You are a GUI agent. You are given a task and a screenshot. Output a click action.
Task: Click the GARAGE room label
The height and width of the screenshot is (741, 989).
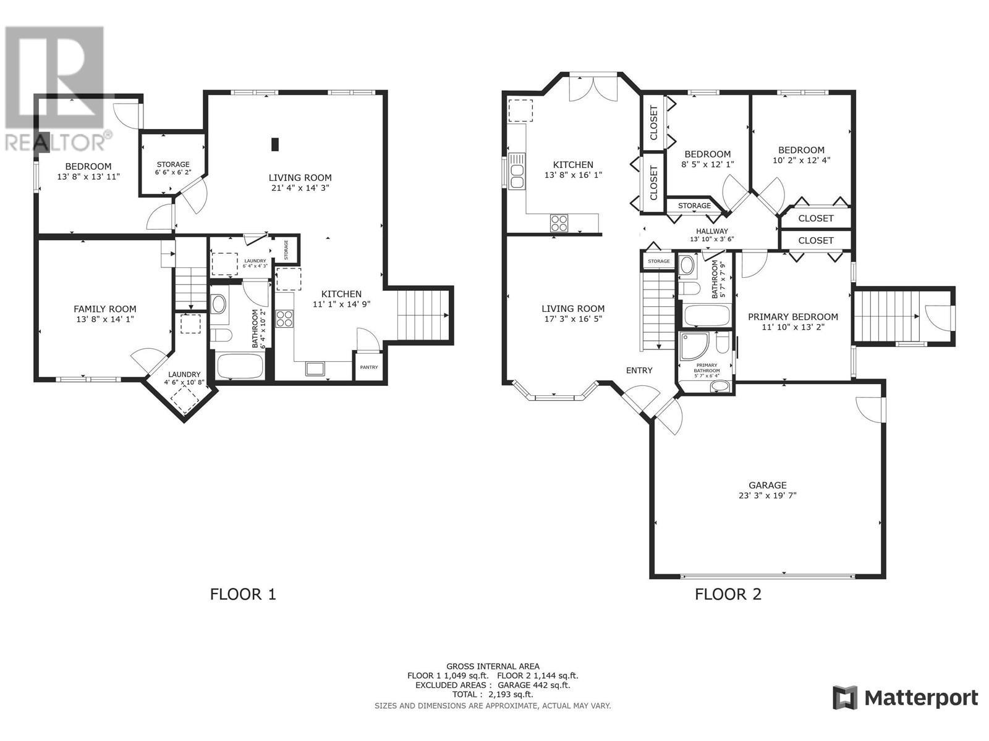(768, 485)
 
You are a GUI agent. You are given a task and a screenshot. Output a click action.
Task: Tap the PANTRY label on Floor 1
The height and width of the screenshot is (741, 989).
(369, 367)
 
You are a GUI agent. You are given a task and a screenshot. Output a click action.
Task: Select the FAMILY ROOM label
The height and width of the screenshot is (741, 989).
(105, 309)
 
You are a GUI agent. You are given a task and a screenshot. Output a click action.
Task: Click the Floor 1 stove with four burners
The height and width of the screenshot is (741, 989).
(285, 319)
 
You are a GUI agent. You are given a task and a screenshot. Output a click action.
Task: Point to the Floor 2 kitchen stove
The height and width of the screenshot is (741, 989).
(559, 222)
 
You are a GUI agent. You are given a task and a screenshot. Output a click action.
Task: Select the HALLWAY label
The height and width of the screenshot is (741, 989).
(711, 231)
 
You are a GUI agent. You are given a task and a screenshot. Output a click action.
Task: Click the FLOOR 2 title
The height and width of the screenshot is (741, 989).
(728, 594)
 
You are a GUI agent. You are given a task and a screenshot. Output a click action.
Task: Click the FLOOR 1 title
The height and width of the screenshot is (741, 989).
(243, 594)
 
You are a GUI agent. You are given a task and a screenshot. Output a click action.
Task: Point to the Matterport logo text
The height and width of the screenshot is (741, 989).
(921, 698)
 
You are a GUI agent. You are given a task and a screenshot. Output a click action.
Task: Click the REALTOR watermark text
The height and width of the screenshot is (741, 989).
(56, 142)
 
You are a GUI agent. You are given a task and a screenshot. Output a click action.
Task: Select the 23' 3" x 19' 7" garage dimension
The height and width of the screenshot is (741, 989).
(768, 495)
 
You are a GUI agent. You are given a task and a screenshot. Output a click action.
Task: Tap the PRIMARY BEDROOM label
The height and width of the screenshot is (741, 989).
(792, 317)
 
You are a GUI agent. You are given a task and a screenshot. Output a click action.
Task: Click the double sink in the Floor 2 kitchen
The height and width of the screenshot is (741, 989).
(517, 170)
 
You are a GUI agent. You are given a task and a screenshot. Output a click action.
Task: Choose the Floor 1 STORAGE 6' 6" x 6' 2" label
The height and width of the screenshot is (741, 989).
(172, 168)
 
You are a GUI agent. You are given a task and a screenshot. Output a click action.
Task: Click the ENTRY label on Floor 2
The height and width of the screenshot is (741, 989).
(639, 371)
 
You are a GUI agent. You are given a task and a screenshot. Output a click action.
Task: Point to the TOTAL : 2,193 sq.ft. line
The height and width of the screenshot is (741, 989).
(492, 694)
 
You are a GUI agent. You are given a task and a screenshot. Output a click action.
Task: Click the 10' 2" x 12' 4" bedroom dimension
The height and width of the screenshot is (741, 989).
(801, 160)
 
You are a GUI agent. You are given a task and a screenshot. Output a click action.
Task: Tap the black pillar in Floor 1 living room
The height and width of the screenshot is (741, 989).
(275, 144)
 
